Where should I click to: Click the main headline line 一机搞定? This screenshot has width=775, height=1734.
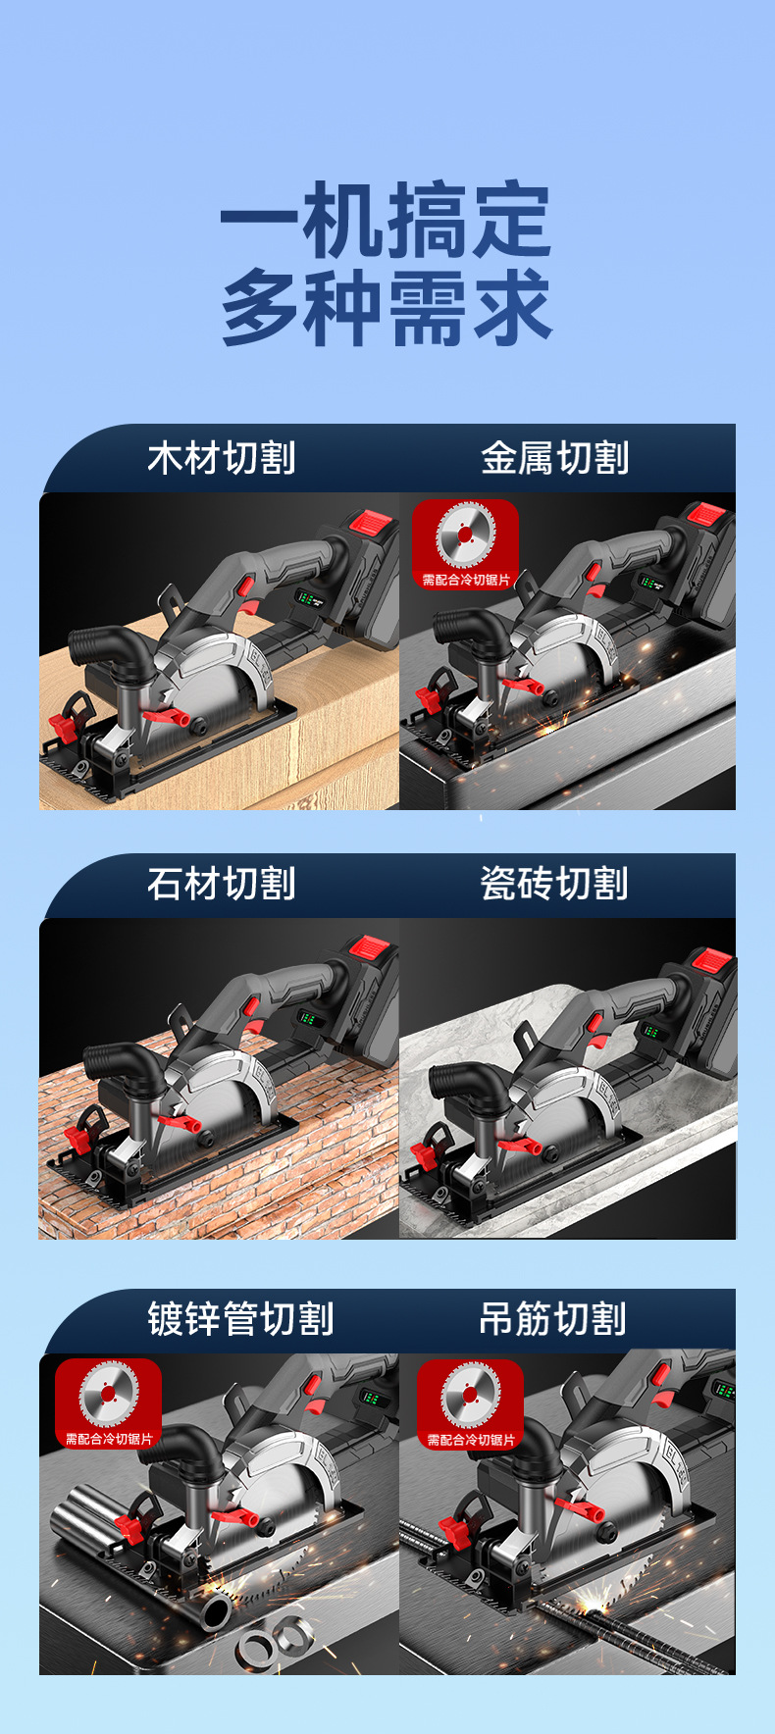(x=387, y=221)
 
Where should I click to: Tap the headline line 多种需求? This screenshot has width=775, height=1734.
(x=387, y=307)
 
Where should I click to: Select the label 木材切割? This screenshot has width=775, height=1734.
(x=222, y=458)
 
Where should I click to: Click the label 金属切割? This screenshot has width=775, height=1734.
(x=555, y=458)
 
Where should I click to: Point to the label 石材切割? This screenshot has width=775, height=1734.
(x=222, y=884)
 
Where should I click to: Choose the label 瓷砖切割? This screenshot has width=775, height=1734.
(x=555, y=884)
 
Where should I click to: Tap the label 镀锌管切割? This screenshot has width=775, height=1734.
(x=241, y=1319)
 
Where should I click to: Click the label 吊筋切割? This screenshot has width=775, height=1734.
(x=553, y=1319)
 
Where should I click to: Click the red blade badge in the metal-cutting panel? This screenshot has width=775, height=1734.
(x=466, y=544)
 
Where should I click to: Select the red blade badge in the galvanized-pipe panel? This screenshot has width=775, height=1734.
(x=108, y=1403)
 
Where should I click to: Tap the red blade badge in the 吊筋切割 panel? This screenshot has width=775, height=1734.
(x=471, y=1403)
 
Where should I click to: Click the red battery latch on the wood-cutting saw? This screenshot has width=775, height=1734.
(x=371, y=522)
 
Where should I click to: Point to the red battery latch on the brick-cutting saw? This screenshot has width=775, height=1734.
(x=371, y=947)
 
